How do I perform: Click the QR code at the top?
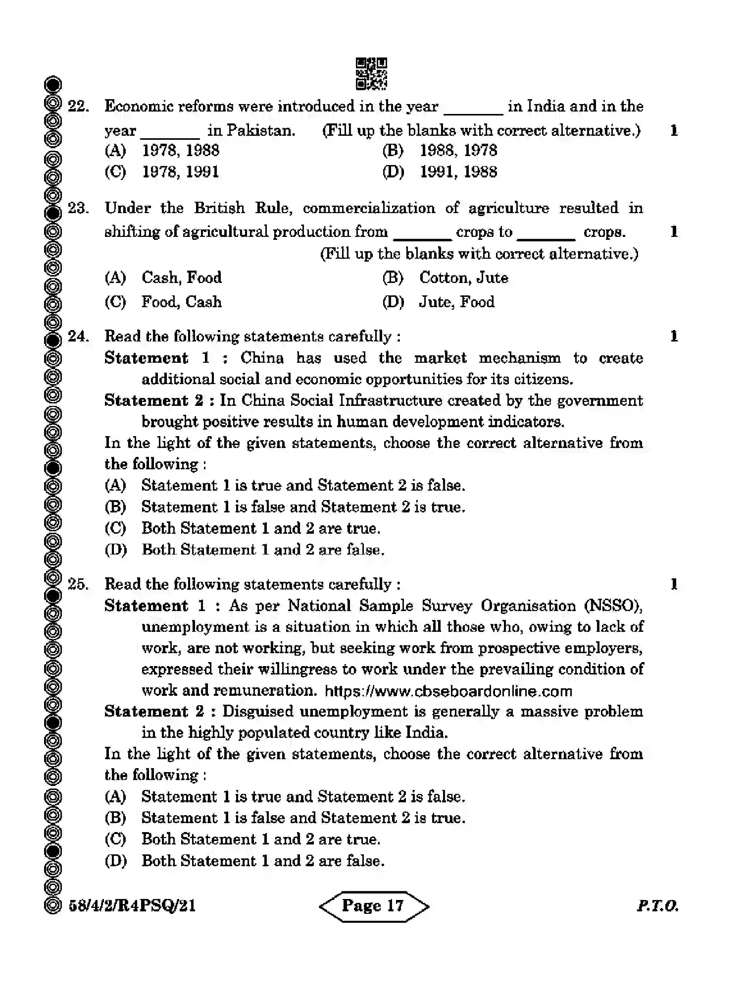[x=371, y=74]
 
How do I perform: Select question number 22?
[x=78, y=107]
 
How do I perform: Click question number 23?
[x=78, y=208]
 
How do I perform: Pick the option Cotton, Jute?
[x=463, y=278]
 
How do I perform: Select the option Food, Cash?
[x=181, y=302]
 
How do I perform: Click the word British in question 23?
[x=219, y=208]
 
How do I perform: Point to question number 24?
[x=78, y=336]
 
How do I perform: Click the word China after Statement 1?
[x=262, y=358]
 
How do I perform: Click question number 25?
[x=78, y=584]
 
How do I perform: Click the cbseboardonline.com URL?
[x=448, y=691]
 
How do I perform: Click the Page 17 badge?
[x=374, y=906]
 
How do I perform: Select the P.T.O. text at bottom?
[x=657, y=906]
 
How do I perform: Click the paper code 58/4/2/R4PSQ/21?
[x=132, y=906]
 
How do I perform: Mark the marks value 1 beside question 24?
[x=673, y=336]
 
